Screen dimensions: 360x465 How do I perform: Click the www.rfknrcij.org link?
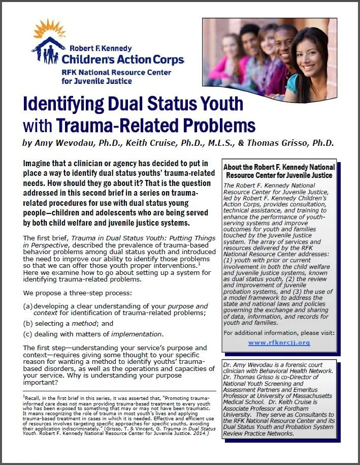point(279,343)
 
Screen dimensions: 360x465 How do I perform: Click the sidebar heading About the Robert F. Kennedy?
point(279,167)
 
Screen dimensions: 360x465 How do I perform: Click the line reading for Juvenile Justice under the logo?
point(100,80)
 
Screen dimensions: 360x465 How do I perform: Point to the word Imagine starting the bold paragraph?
point(40,163)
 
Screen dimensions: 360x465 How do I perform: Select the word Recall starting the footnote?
point(34,395)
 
